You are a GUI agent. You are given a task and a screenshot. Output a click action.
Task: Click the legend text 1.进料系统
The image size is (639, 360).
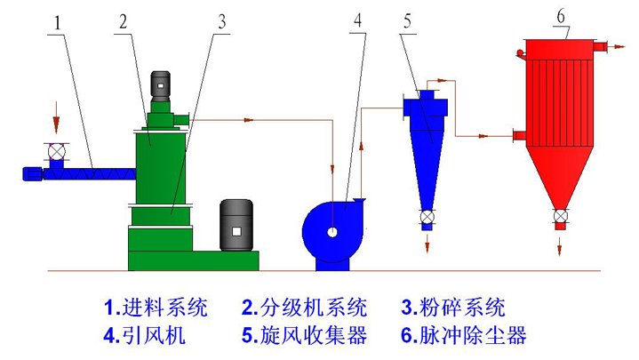click(x=156, y=308)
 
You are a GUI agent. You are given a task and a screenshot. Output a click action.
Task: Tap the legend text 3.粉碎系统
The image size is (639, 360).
click(x=452, y=308)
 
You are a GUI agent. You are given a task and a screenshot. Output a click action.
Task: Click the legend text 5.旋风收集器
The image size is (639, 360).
click(x=303, y=335)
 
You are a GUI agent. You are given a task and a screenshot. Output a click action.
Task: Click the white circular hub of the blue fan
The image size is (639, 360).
click(x=331, y=233)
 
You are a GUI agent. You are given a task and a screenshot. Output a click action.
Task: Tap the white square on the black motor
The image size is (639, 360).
click(x=236, y=231)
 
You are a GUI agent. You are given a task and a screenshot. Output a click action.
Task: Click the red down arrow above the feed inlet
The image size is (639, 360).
click(x=57, y=116)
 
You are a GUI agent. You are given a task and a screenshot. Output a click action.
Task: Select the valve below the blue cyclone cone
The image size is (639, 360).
click(x=427, y=216)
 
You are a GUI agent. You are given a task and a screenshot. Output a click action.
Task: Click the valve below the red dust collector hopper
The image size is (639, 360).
click(x=560, y=216)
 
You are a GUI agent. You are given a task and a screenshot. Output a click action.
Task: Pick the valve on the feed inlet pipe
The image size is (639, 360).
click(x=57, y=152)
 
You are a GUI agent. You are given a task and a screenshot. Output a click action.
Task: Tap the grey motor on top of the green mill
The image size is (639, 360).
click(x=161, y=85)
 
